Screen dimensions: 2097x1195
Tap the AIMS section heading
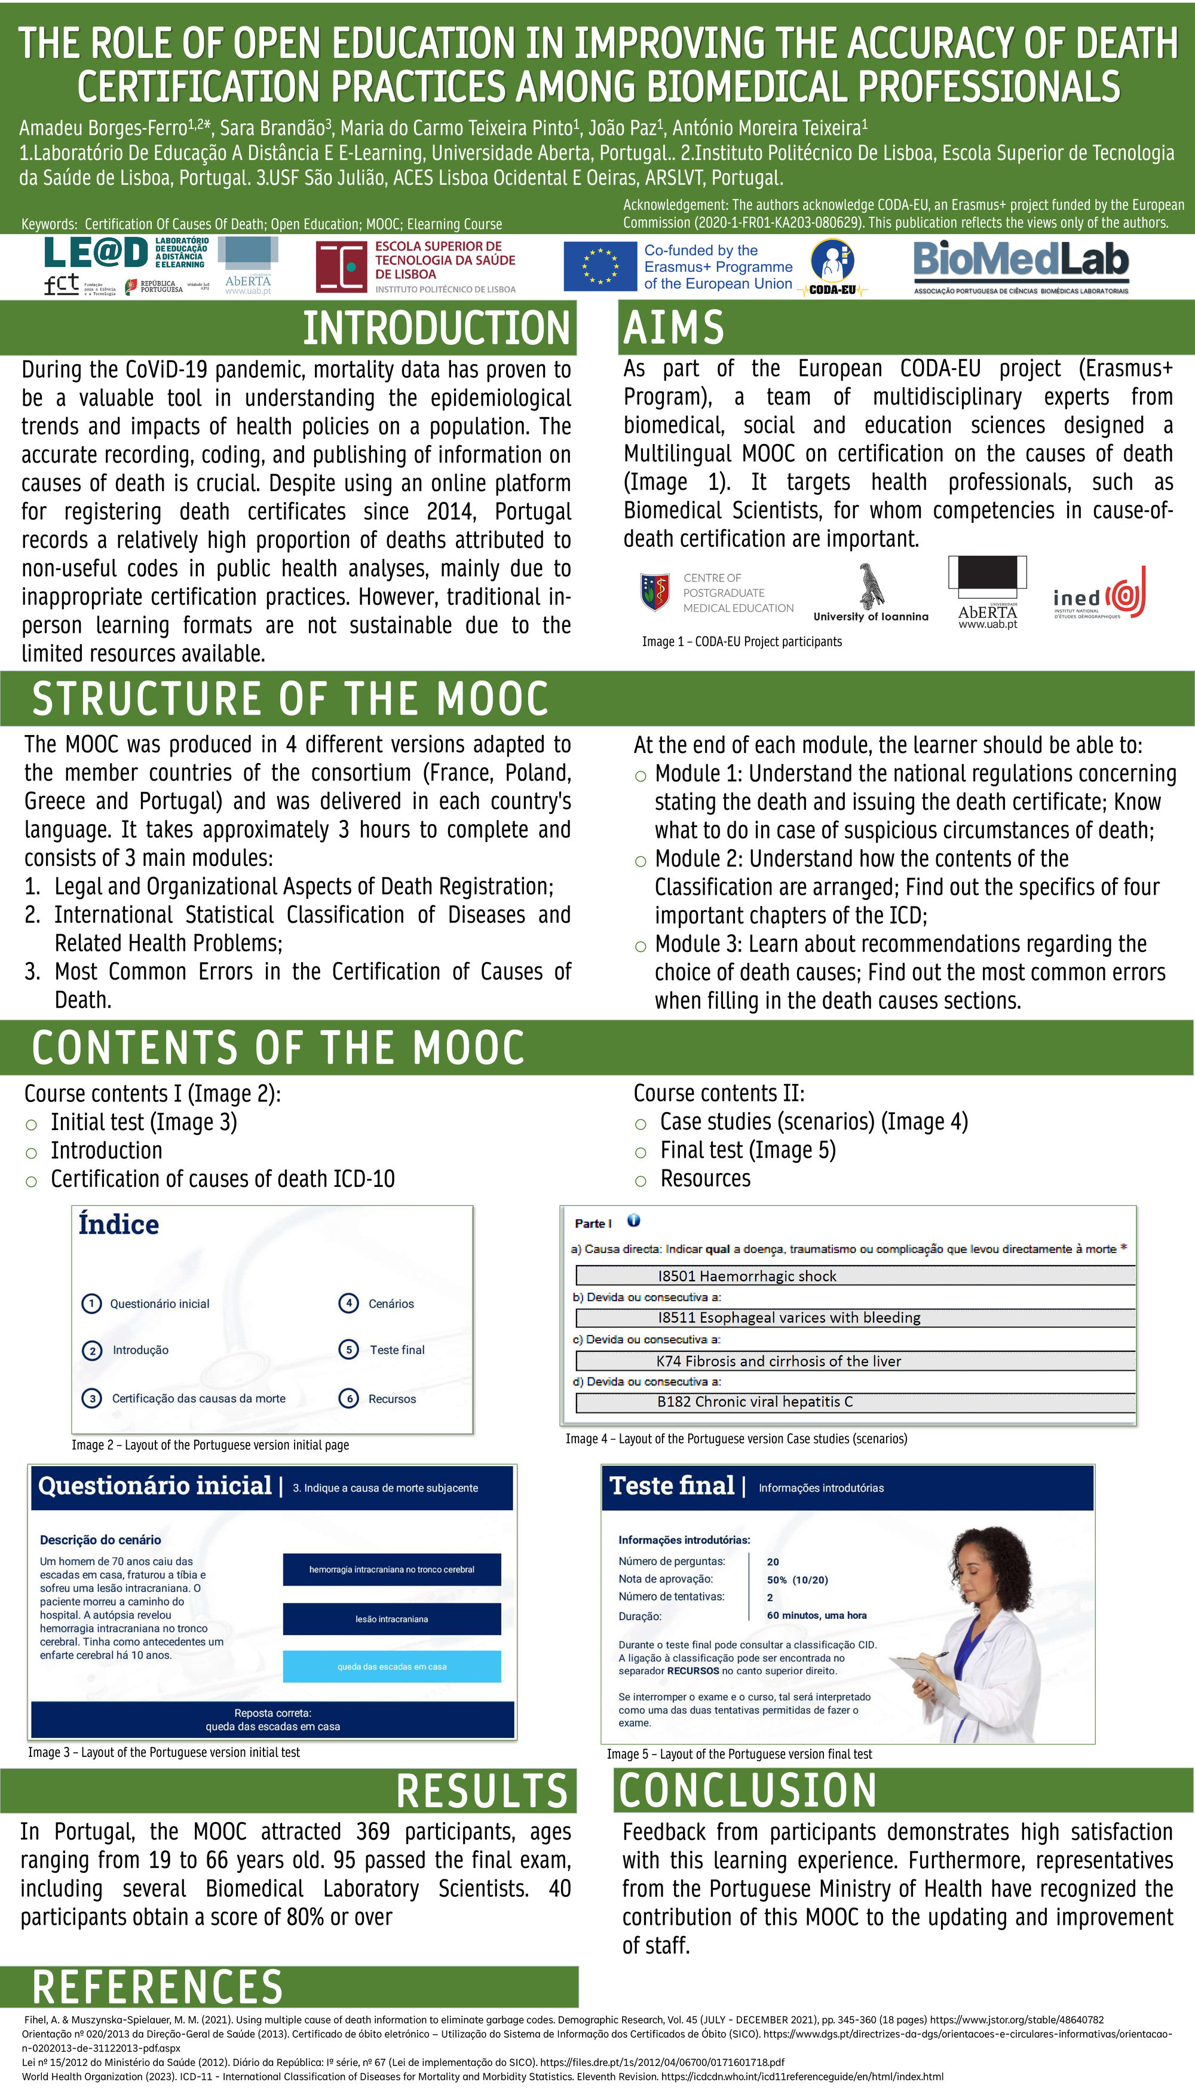(x=674, y=327)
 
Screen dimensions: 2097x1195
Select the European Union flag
(x=599, y=267)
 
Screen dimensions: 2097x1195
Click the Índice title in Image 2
(x=119, y=1224)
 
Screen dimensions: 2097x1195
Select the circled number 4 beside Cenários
(x=349, y=1303)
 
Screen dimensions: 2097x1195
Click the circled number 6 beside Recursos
(x=349, y=1398)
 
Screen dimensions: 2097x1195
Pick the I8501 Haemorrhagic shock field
(x=855, y=1275)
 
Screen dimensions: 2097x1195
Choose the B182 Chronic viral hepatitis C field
(x=855, y=1402)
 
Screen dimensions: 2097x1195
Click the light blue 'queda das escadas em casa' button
(x=391, y=1666)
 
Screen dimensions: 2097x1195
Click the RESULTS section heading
(x=482, y=1790)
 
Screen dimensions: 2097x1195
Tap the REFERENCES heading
(x=158, y=1987)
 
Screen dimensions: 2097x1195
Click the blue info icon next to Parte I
(x=633, y=1220)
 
